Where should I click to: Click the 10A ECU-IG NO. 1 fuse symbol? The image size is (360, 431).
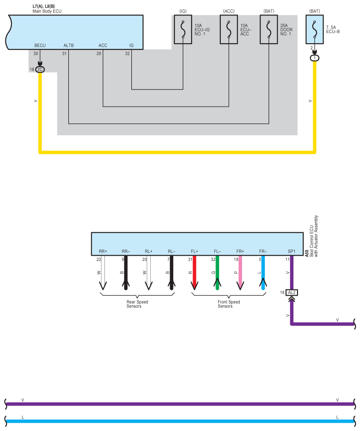tap(183, 31)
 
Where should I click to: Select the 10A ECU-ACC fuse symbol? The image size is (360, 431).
tap(229, 31)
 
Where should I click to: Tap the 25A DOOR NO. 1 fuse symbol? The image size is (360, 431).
tap(269, 31)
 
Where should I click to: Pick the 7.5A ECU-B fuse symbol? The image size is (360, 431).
tap(315, 31)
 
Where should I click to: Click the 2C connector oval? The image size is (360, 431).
tap(40, 70)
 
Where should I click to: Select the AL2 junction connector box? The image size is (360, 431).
tap(292, 292)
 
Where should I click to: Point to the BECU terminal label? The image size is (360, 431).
tap(40, 45)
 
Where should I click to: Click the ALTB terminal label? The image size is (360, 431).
tap(69, 45)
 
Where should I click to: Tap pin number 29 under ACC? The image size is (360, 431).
tap(99, 53)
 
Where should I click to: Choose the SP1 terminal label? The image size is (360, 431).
tap(292, 251)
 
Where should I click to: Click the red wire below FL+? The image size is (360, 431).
tap(194, 273)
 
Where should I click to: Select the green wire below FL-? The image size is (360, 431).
tap(217, 273)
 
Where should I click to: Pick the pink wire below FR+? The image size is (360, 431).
tap(240, 273)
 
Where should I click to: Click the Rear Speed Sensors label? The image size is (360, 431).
tap(137, 304)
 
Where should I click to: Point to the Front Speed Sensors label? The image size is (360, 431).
tap(229, 304)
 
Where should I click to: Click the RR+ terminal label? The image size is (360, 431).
tap(103, 251)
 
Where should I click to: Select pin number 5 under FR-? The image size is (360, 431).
tap(260, 260)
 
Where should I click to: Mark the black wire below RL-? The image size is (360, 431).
tap(171, 273)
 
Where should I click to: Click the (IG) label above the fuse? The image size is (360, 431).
tap(183, 10)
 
